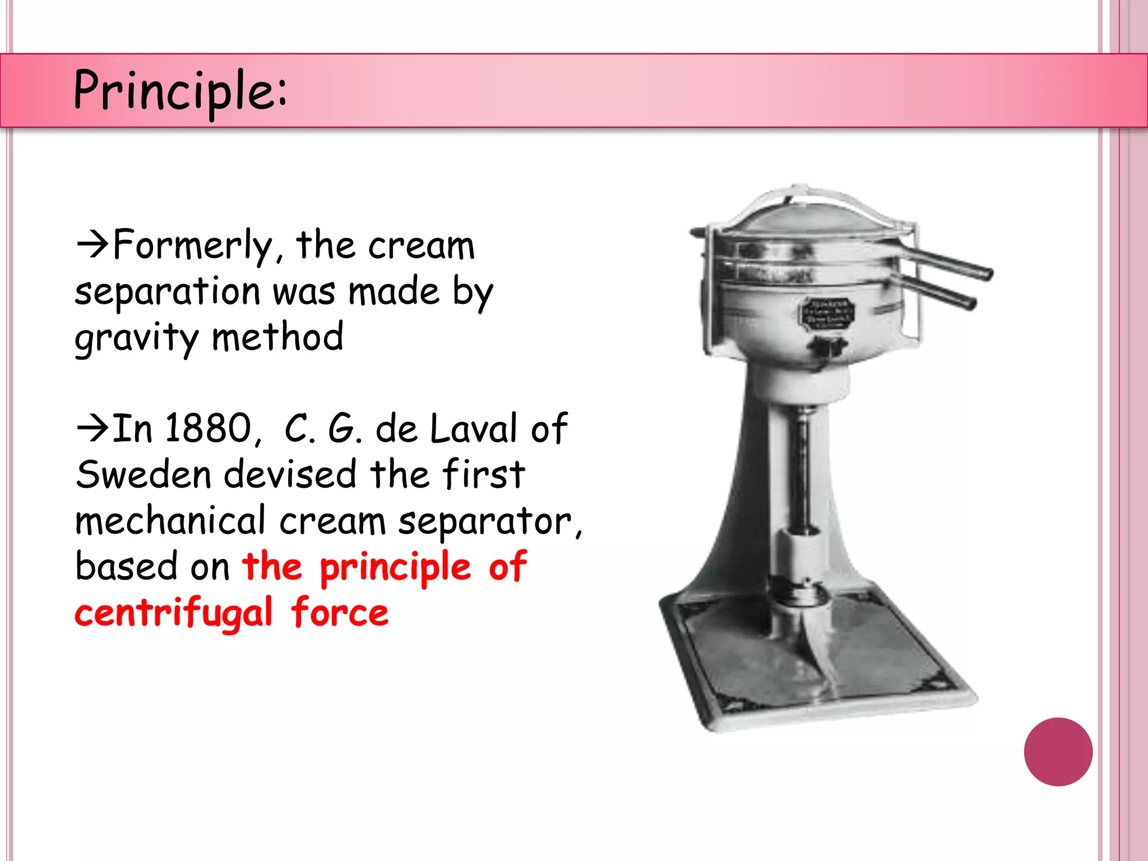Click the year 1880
pyautogui.click(x=209, y=429)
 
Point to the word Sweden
pyautogui.click(x=143, y=475)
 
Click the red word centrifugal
pyautogui.click(x=174, y=613)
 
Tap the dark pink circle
pyautogui.click(x=1058, y=752)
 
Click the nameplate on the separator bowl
pyautogui.click(x=826, y=312)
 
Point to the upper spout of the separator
pyautogui.click(x=947, y=262)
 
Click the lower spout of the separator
pyautogui.click(x=936, y=291)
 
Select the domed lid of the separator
pyautogui.click(x=807, y=216)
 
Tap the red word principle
pyautogui.click(x=395, y=567)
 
